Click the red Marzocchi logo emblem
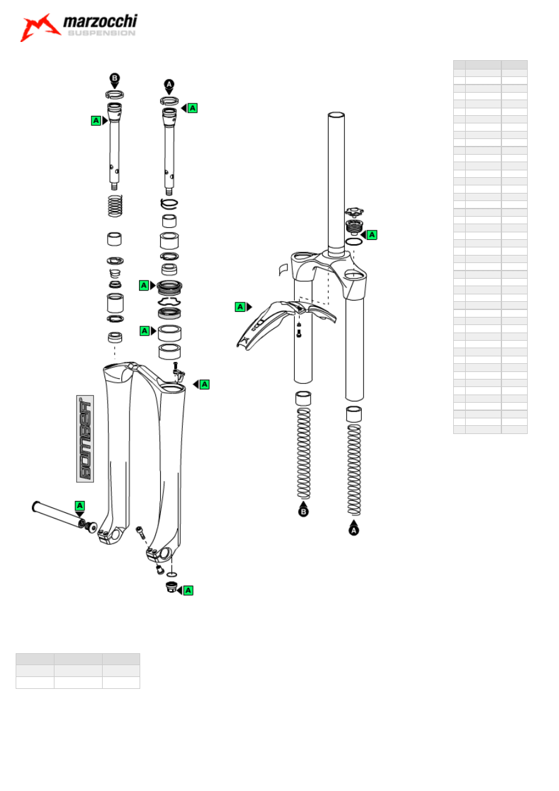point(39,28)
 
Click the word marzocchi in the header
point(100,21)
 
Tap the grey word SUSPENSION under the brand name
point(101,33)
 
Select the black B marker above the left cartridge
point(115,78)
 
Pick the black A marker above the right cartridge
point(169,85)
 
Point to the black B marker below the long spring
point(303,512)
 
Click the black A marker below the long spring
point(354,530)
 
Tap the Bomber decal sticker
point(85,438)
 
